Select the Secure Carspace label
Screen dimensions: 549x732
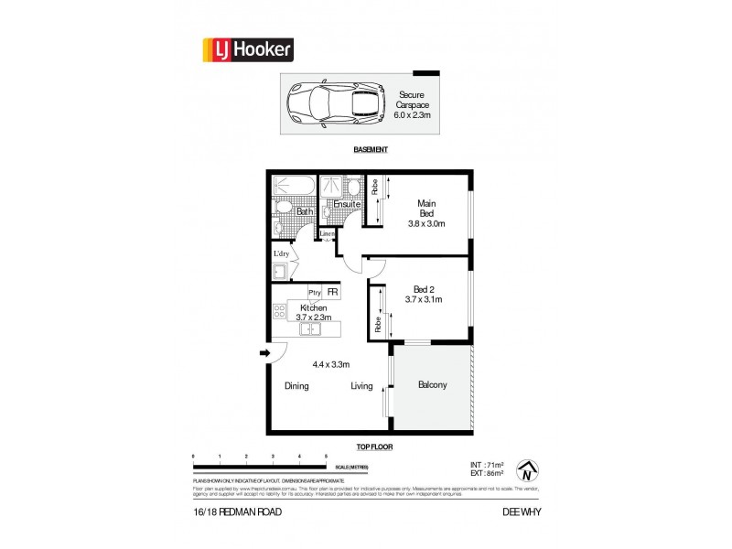[x=414, y=105]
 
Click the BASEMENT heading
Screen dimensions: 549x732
[x=371, y=150]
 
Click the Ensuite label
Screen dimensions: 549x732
[x=334, y=205]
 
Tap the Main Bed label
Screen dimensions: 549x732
[x=425, y=211]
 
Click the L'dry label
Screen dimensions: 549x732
[x=281, y=254]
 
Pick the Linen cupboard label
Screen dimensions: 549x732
[x=327, y=234]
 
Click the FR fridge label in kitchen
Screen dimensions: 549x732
[x=333, y=293]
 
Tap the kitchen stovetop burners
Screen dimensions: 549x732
[x=279, y=313]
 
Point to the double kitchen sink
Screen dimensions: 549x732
[x=310, y=329]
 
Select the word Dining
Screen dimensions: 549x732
[x=296, y=386]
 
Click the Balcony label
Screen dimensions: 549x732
[x=432, y=385]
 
